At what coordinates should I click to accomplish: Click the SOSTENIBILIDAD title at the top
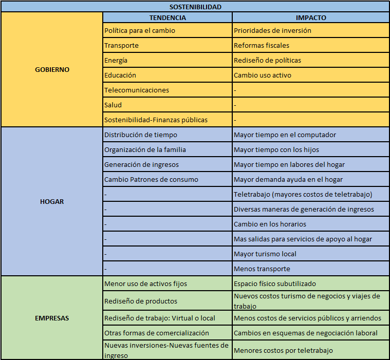point(195,7)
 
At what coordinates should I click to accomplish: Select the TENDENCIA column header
point(168,17)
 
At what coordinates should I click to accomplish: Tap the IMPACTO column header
point(310,17)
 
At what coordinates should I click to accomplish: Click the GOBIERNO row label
point(52,69)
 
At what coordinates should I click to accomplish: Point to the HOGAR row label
point(52,201)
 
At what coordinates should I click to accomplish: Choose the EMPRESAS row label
point(52,318)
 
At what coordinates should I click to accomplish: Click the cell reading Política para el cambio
point(140,30)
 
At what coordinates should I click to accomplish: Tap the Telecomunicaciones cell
point(137,90)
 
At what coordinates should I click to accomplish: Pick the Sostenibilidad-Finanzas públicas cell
point(156,120)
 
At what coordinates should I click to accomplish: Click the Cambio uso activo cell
point(263,75)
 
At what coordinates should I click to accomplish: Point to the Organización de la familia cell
point(145,149)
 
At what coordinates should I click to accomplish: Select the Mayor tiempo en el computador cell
point(285,135)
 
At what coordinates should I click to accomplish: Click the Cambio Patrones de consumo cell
point(151,179)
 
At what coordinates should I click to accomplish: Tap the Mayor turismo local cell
point(265,254)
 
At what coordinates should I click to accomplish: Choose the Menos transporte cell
point(262,269)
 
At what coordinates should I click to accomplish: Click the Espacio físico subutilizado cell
point(275,283)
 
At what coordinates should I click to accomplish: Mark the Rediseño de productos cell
point(141,301)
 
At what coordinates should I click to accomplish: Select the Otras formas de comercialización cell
point(157,333)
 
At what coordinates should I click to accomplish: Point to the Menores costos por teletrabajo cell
point(283,350)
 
